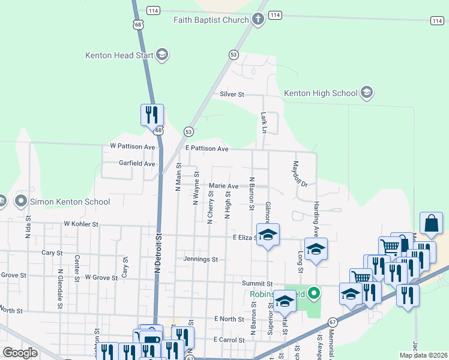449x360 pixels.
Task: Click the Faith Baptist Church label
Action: [211, 20]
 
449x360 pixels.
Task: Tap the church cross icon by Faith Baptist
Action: [258, 19]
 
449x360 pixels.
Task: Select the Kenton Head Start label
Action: [119, 55]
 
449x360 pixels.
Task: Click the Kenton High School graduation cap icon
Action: [367, 93]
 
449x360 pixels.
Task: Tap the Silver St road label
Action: [232, 94]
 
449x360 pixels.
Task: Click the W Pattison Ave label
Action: [133, 146]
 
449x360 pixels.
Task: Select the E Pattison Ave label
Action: [207, 148]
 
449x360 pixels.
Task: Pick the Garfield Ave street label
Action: [137, 163]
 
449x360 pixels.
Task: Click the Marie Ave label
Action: [224, 186]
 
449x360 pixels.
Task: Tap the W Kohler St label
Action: [81, 224]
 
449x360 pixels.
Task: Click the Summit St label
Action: [258, 283]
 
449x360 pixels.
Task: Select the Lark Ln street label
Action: [264, 122]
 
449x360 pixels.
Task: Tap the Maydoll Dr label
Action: [300, 173]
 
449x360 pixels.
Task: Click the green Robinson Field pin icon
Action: [313, 294]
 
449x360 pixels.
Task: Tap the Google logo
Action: [20, 353]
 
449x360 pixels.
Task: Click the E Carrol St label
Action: [224, 340]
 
